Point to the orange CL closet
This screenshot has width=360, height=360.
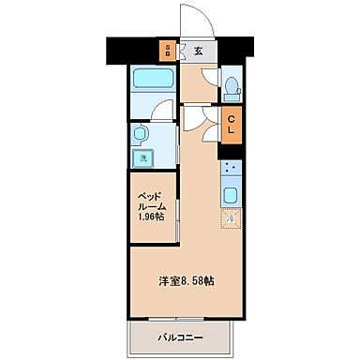(x=230, y=124)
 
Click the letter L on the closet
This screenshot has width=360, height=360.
(x=230, y=129)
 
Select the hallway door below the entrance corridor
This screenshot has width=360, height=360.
(x=195, y=117)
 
